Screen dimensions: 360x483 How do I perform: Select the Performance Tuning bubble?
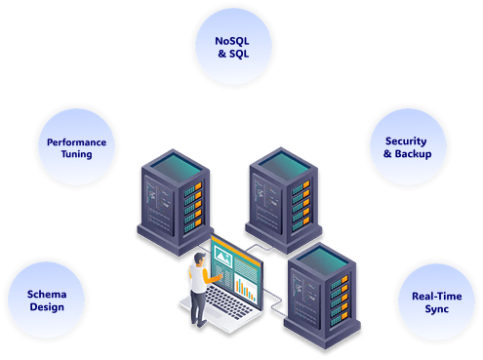[76, 148]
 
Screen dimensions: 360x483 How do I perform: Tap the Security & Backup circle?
[406, 148]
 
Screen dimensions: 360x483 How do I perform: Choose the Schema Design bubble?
[46, 300]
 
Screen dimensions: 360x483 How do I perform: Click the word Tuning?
[76, 155]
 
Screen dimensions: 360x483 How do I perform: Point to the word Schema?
[46, 293]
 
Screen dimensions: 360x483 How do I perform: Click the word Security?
[406, 141]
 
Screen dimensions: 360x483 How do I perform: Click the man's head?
[199, 259]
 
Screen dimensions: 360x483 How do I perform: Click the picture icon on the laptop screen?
[222, 258]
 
